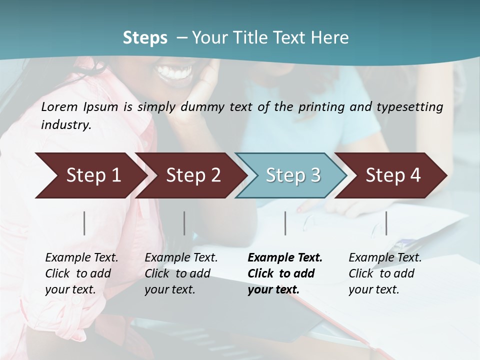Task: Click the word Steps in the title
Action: pyautogui.click(x=145, y=38)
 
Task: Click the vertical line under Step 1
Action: pyautogui.click(x=84, y=223)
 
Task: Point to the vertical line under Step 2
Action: pyautogui.click(x=184, y=223)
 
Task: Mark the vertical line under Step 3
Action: pyautogui.click(x=285, y=223)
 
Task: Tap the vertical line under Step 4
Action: pyautogui.click(x=386, y=223)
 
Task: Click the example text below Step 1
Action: pyautogui.click(x=81, y=273)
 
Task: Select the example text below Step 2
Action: pyautogui.click(x=181, y=273)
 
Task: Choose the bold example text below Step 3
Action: pyautogui.click(x=285, y=273)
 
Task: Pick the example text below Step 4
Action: pyautogui.click(x=385, y=273)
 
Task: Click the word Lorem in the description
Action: pyautogui.click(x=59, y=106)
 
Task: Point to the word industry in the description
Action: pyautogui.click(x=65, y=125)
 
